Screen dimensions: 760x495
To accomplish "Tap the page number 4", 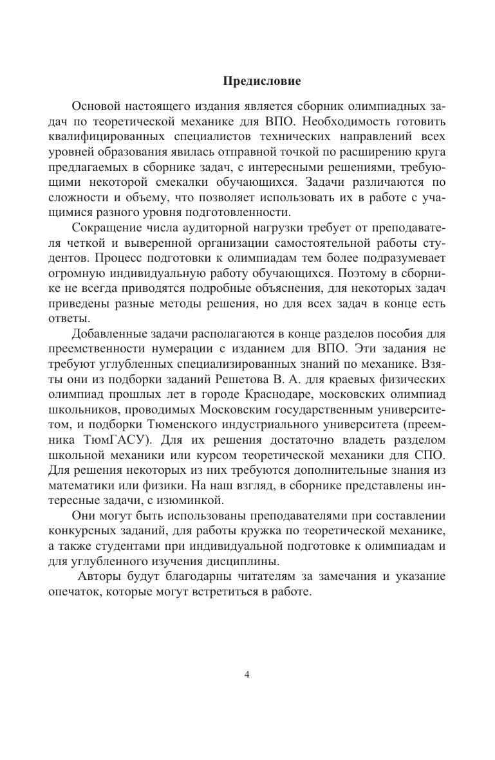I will [247, 674].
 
